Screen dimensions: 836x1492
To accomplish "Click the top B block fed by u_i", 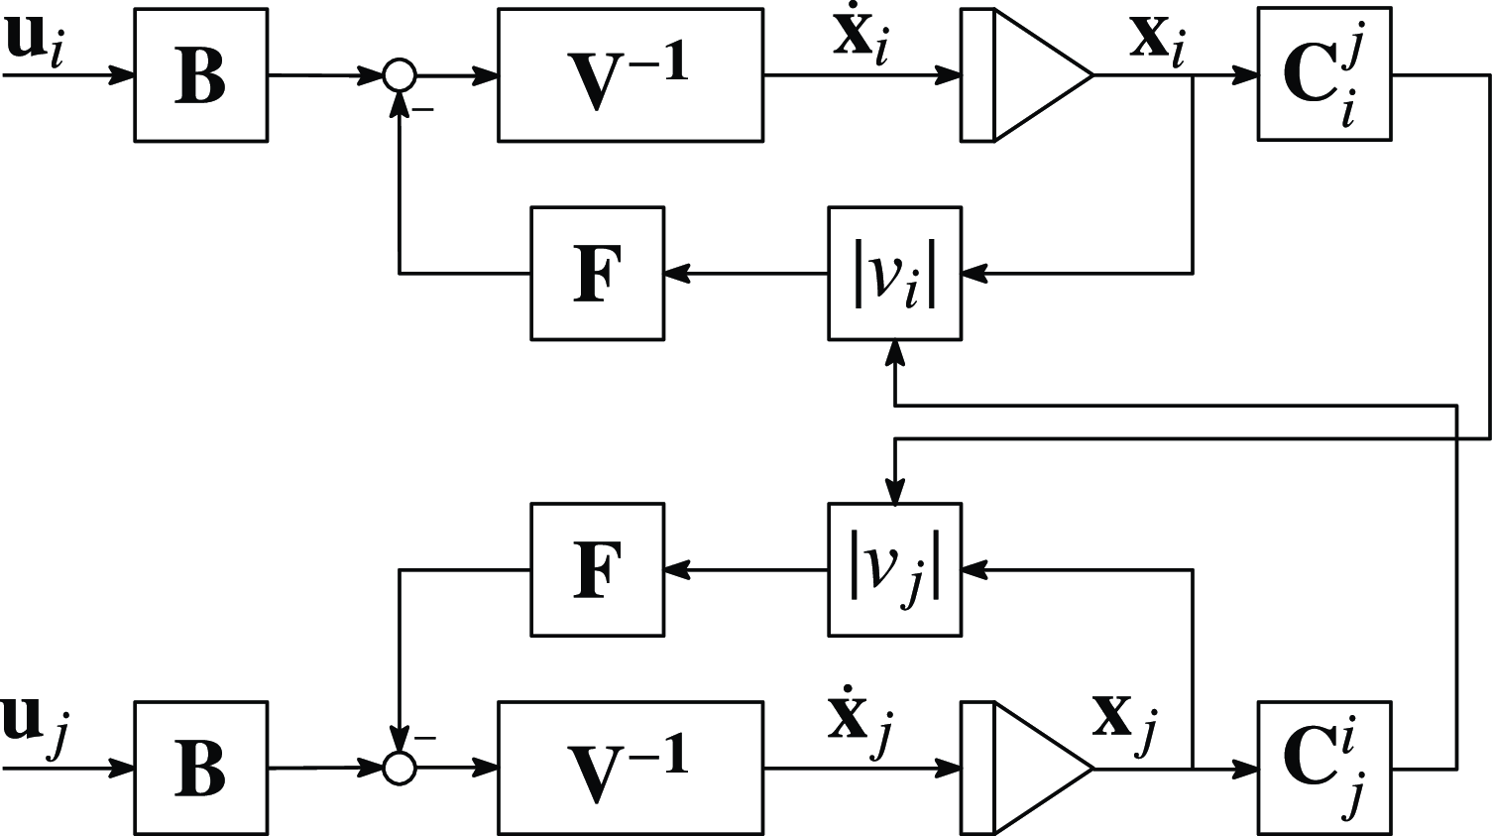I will tap(200, 75).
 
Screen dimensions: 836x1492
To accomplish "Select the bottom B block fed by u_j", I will tap(200, 768).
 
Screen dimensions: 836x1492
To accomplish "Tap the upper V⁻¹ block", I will tap(630, 75).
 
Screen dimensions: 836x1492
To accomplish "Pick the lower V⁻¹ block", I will tap(630, 768).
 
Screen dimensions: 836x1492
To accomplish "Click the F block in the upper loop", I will tap(597, 274).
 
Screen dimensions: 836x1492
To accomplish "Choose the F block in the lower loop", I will tap(597, 569).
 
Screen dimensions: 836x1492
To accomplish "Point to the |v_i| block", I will tap(894, 274).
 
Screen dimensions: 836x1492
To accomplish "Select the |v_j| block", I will tap(894, 569).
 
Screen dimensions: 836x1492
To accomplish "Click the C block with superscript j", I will tap(1323, 75).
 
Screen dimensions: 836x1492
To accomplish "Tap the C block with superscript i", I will tap(1323, 768).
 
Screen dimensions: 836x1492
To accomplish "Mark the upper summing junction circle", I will tap(400, 75).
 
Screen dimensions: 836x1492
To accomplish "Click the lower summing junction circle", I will tap(400, 768).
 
